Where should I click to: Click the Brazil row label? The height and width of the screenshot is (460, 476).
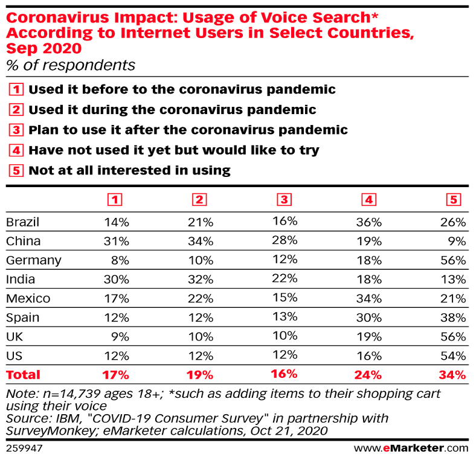click(22, 222)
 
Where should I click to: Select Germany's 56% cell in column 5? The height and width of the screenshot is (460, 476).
click(454, 260)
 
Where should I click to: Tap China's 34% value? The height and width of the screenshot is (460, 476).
click(201, 241)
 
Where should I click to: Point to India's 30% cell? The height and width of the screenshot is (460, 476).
click(117, 280)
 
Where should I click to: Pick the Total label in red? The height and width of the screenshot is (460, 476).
click(23, 374)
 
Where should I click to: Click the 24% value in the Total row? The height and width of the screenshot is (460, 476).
click(369, 374)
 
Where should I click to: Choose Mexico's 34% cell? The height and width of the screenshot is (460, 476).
click(369, 298)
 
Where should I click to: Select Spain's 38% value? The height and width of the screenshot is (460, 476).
click(454, 318)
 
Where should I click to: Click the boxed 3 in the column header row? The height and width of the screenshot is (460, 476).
click(285, 200)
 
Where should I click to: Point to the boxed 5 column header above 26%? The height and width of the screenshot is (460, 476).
click(454, 200)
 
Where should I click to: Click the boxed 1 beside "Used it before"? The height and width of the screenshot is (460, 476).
click(17, 90)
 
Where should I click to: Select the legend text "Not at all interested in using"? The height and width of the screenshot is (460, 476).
click(129, 170)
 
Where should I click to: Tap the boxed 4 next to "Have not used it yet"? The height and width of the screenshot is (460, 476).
click(17, 150)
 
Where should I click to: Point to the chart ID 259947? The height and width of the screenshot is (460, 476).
click(24, 448)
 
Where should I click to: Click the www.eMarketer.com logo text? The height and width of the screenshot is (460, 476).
click(411, 448)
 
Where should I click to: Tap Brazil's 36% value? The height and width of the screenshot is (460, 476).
click(369, 222)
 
